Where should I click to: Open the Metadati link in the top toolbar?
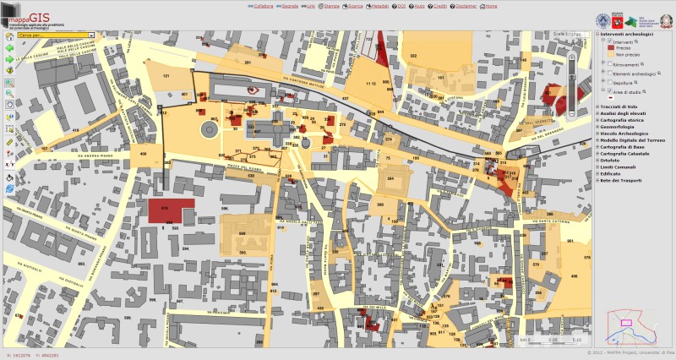tap(380, 5)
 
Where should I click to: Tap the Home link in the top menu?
tap(491, 5)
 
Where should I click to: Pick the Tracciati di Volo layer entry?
tap(624, 106)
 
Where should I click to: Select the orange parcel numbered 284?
tap(391, 181)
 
